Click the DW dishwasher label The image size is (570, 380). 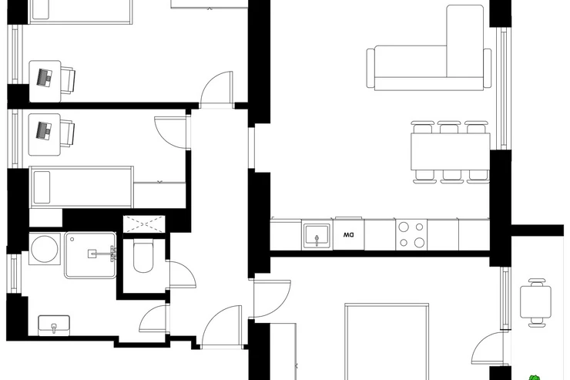click(x=348, y=235)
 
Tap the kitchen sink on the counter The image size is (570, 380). click(x=317, y=237)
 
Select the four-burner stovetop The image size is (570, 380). click(x=411, y=234)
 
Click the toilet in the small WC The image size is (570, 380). click(x=142, y=257)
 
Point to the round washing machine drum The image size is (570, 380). click(x=45, y=249)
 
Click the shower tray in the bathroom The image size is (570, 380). click(x=91, y=255)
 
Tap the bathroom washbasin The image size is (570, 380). click(x=54, y=325)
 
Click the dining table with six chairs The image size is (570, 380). click(x=451, y=152)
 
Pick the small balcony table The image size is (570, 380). click(x=535, y=302)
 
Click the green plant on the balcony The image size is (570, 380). click(x=535, y=378)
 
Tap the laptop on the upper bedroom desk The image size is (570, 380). click(x=45, y=77)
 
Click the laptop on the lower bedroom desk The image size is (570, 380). click(x=44, y=130)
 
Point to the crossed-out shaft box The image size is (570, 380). click(x=144, y=224)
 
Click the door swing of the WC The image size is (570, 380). click(x=183, y=274)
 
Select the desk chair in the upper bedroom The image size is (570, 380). click(x=68, y=80)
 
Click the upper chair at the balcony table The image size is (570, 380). click(x=537, y=282)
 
